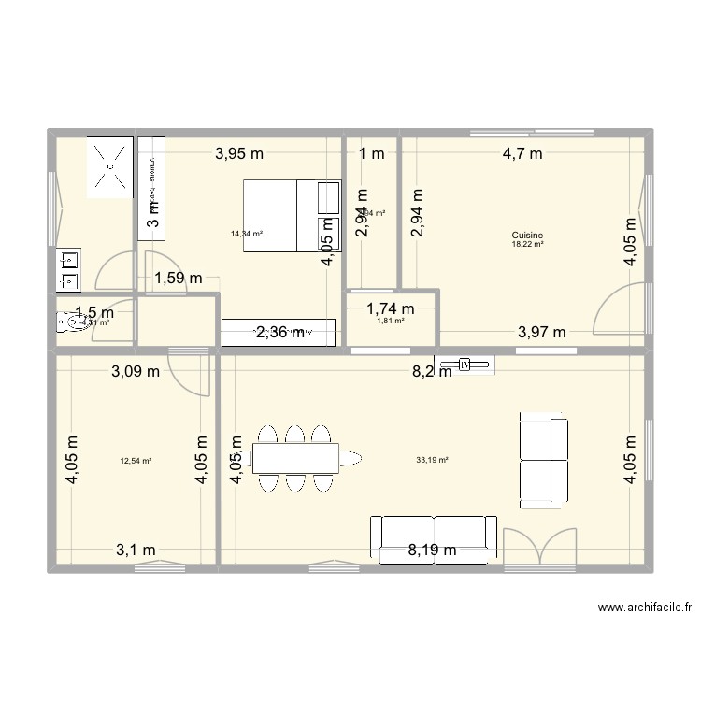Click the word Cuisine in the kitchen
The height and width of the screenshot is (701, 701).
coord(527,236)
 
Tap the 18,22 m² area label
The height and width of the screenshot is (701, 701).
coord(527,244)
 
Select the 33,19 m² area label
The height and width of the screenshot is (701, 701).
coord(433,460)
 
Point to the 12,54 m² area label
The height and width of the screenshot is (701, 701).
coord(136,460)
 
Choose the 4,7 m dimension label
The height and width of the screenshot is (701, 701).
coord(522,154)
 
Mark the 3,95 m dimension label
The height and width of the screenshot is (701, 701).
coord(239,154)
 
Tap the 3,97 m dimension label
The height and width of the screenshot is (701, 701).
coord(542,331)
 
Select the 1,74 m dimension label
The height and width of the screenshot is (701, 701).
coord(391,308)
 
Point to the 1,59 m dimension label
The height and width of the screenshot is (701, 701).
coord(179,278)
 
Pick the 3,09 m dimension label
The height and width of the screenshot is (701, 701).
coord(136,371)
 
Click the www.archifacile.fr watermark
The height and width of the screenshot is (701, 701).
coord(645,608)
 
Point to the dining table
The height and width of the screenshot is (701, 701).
coord(295,457)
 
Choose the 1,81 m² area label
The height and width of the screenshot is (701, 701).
coord(390,321)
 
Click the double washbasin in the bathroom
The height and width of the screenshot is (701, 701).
coord(68,267)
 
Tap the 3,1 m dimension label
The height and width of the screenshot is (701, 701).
coord(136,550)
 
